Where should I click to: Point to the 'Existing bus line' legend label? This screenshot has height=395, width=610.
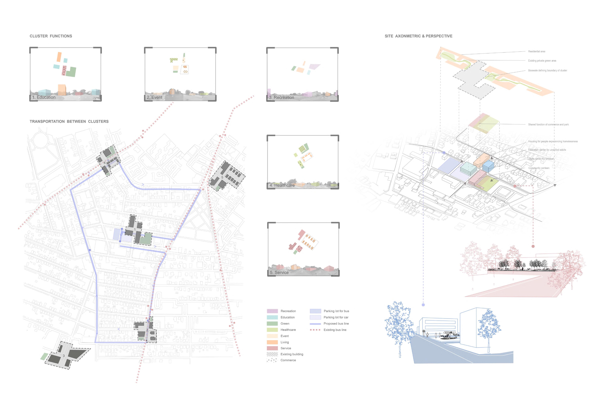pyautogui.click(x=335, y=330)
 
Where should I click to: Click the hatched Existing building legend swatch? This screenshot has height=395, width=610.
pyautogui.click(x=272, y=354)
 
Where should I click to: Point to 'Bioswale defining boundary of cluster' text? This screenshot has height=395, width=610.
pyautogui.click(x=547, y=71)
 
